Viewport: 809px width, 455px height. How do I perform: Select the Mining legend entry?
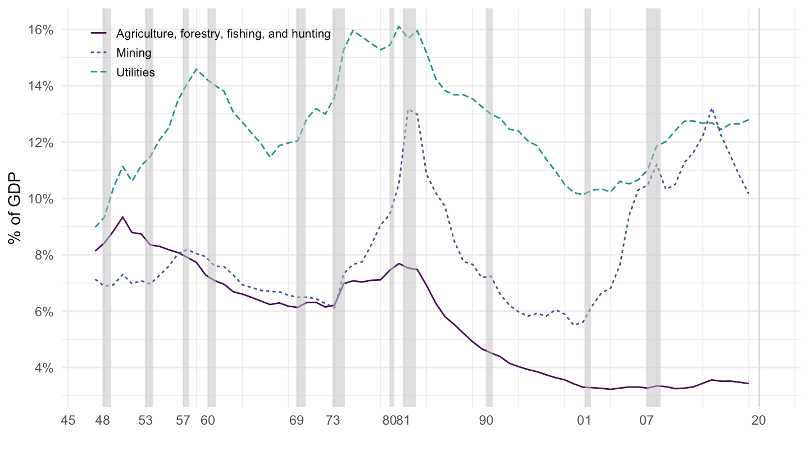[134, 53]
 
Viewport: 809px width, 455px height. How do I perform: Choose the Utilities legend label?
[135, 72]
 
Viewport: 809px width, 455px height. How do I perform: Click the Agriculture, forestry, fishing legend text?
[223, 34]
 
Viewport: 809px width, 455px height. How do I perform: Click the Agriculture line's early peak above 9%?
[123, 217]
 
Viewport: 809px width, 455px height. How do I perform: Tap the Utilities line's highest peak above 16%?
[399, 26]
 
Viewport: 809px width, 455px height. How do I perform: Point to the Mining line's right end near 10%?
[749, 194]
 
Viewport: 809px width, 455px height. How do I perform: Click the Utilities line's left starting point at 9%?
[96, 227]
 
